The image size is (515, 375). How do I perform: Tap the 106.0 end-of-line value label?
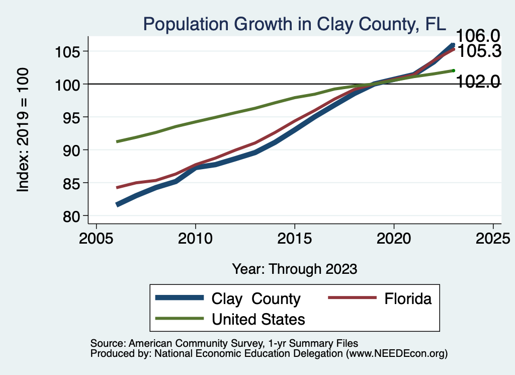click(477, 36)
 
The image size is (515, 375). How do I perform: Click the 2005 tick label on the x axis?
click(96, 238)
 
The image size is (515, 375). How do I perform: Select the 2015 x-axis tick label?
click(295, 238)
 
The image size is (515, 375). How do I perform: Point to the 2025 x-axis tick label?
click(493, 238)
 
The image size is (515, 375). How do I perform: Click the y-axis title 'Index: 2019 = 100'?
click(23, 129)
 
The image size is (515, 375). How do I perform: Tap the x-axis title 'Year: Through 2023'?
click(295, 269)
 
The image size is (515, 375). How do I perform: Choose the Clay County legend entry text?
click(256, 298)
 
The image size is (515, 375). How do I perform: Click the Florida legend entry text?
click(408, 298)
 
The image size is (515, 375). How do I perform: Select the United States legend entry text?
click(259, 319)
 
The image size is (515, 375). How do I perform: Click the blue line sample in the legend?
click(180, 298)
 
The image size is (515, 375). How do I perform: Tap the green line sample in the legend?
click(180, 318)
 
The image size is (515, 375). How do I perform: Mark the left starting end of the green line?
click(117, 141)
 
